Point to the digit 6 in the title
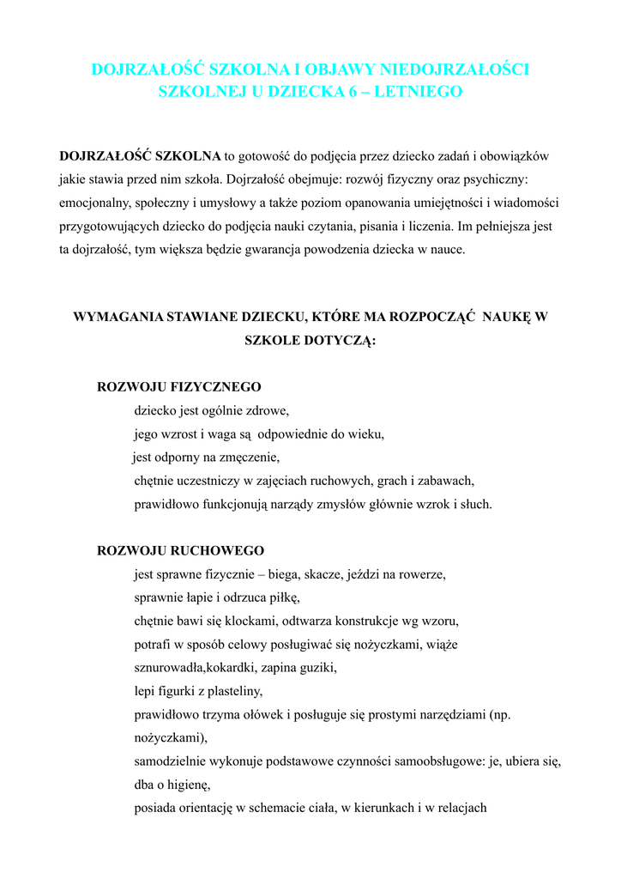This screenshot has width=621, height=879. (x=352, y=91)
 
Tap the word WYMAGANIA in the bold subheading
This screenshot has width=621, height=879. (x=118, y=316)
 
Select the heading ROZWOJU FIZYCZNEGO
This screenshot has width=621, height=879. (x=179, y=387)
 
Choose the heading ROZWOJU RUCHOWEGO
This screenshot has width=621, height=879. (x=181, y=550)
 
